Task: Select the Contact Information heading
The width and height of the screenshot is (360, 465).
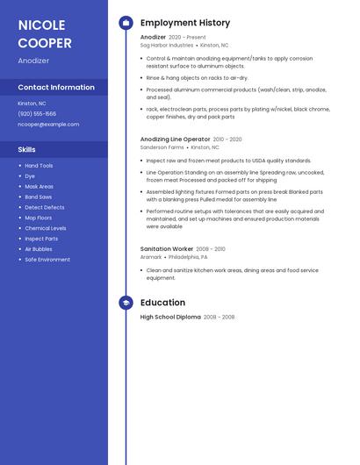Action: tap(56, 87)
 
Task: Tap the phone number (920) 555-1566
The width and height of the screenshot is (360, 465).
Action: tap(37, 114)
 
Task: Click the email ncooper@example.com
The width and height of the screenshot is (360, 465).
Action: tap(48, 125)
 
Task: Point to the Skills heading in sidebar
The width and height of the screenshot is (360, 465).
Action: tap(26, 149)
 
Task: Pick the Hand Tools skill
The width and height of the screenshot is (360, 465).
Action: tap(39, 166)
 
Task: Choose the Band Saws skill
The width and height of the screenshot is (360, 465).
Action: tap(39, 197)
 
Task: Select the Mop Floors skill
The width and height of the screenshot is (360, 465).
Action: tap(39, 218)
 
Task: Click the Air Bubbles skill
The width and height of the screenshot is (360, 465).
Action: tap(39, 249)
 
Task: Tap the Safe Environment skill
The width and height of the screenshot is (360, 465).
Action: tap(47, 260)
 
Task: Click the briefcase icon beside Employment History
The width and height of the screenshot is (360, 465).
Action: tap(126, 23)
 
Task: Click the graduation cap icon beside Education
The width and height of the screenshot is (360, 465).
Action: tap(126, 303)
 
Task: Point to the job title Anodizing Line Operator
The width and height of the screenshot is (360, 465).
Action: tap(176, 139)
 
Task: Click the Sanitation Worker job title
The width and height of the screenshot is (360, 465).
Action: tap(166, 249)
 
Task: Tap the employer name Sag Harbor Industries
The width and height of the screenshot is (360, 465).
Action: tap(167, 46)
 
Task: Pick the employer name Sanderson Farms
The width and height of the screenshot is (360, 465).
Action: tap(162, 147)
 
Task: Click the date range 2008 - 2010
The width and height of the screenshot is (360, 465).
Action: tap(211, 249)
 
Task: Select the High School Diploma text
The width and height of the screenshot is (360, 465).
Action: tap(170, 317)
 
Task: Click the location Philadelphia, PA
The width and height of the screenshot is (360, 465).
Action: tap(189, 257)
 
